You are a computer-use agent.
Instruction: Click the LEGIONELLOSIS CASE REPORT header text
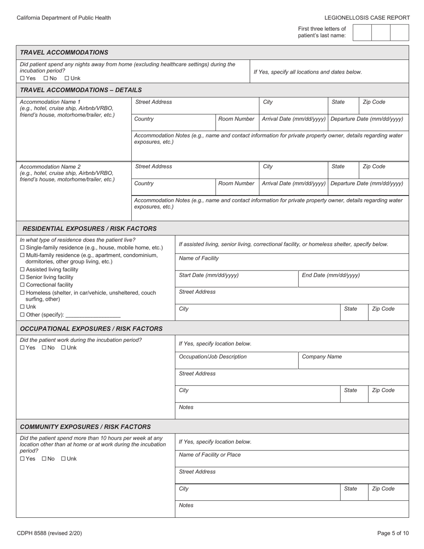(x=367, y=18)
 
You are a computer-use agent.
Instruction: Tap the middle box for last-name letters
(x=381, y=33)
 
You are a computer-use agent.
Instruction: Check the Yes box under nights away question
(x=23, y=79)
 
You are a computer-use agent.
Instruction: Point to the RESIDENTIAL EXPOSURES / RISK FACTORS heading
(x=89, y=229)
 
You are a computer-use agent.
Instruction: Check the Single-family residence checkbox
(x=23, y=248)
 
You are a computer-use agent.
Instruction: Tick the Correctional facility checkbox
(x=23, y=285)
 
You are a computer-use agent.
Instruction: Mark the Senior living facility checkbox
(x=23, y=277)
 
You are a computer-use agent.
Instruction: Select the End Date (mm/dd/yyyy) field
(x=353, y=279)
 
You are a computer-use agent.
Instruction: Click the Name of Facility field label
(x=199, y=258)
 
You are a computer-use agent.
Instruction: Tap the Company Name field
(x=353, y=361)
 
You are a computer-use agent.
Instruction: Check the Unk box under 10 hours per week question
(x=63, y=459)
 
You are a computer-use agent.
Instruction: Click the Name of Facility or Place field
(x=291, y=459)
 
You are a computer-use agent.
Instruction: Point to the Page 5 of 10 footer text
(x=393, y=533)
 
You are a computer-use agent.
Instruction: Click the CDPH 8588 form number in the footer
(x=49, y=533)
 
